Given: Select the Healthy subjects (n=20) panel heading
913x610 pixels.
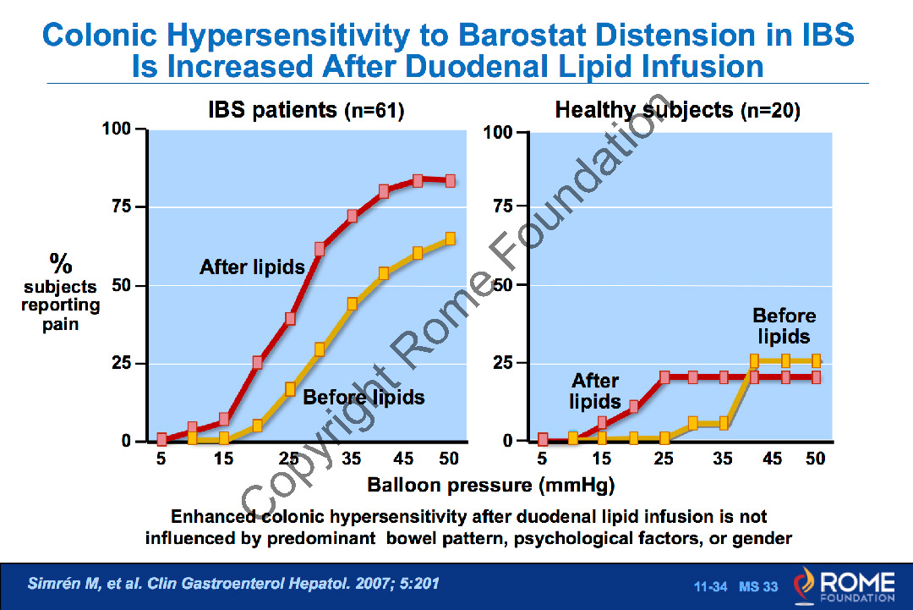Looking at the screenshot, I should pyautogui.click(x=677, y=110).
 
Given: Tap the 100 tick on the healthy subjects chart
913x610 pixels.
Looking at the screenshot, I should pyautogui.click(x=498, y=133).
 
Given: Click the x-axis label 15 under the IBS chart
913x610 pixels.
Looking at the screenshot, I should pyautogui.click(x=223, y=459).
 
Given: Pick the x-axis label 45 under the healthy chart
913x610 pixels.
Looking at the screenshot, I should pyautogui.click(x=772, y=459).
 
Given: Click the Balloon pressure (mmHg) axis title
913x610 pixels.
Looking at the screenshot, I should pyautogui.click(x=490, y=486).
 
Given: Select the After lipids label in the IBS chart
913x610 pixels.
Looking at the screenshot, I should pyautogui.click(x=252, y=267).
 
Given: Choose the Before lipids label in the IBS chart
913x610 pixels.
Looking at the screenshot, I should pyautogui.click(x=364, y=397).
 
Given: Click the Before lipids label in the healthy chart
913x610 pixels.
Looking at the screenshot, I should pyautogui.click(x=785, y=326).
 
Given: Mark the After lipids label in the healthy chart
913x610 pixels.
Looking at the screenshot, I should pyautogui.click(x=595, y=391).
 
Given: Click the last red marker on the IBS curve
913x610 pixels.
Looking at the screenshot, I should pyautogui.click(x=451, y=180).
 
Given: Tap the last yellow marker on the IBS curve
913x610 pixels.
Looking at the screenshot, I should pyautogui.click(x=451, y=239).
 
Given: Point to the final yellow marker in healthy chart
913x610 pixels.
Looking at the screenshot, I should pyautogui.click(x=816, y=360).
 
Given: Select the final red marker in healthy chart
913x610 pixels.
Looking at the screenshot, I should pyautogui.click(x=816, y=377).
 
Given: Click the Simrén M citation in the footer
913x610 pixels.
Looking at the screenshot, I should pyautogui.click(x=233, y=584).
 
